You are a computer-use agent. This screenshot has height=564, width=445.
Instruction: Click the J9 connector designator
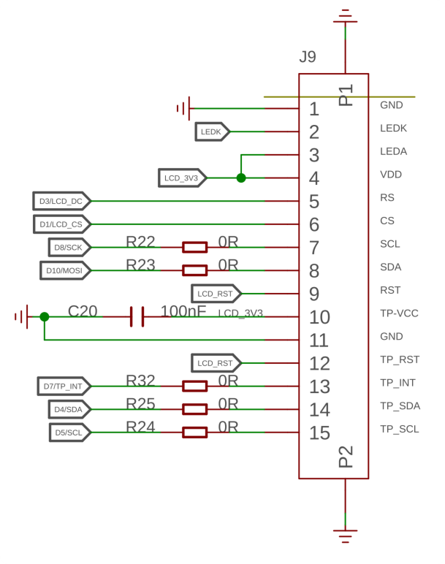tap(308, 56)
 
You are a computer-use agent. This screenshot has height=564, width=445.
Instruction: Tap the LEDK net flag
tap(212, 132)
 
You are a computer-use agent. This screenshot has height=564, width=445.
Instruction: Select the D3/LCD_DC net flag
tap(62, 201)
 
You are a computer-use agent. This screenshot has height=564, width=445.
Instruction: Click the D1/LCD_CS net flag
tap(62, 224)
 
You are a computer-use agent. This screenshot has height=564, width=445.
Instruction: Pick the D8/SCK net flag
tap(69, 248)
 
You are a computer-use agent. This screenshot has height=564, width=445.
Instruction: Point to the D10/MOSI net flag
tap(65, 270)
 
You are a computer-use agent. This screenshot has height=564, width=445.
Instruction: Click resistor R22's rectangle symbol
tap(194, 248)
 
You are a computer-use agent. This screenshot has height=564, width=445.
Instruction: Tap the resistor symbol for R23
tap(194, 270)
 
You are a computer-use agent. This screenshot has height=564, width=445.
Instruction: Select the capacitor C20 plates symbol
tap(137, 317)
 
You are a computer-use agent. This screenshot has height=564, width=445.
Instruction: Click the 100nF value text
tap(183, 311)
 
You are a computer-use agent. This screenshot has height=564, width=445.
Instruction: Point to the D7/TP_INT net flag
tap(64, 386)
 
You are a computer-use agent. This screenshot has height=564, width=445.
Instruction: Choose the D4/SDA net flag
tap(69, 409)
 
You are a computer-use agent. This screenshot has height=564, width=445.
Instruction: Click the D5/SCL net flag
tap(70, 432)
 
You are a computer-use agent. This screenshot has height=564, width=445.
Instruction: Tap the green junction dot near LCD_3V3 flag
tap(241, 178)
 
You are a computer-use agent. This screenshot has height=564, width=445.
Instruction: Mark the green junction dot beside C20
tap(45, 317)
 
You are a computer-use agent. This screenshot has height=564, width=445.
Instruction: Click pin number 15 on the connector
tap(319, 432)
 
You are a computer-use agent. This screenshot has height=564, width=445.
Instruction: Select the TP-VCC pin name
tap(399, 313)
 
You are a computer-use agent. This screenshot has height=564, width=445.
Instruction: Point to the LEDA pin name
tap(394, 151)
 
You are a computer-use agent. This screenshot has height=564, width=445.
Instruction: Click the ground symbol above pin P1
tap(346, 17)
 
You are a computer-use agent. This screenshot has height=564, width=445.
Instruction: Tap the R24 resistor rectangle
tap(194, 432)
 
